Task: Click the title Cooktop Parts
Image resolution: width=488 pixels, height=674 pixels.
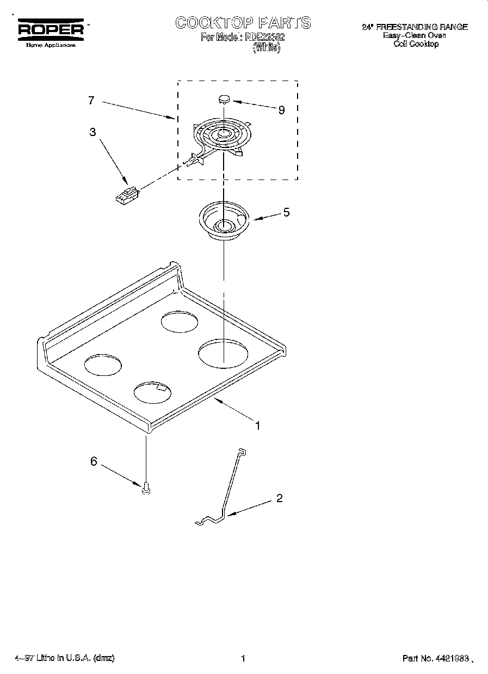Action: point(243,22)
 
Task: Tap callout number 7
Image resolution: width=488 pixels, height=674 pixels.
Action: point(91,101)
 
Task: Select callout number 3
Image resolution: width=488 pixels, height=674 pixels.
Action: point(93,131)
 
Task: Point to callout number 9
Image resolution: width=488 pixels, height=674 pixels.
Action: point(281,110)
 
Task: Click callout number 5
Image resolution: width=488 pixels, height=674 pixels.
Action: point(286,212)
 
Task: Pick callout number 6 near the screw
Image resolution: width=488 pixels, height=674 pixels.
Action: point(94,461)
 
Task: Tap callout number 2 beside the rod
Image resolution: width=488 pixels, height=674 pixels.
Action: point(279,498)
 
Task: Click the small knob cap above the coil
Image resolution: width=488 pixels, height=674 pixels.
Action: point(223,99)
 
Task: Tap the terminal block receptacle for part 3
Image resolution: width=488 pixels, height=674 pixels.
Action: point(127,194)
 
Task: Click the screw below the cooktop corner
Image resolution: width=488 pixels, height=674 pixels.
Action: point(146,490)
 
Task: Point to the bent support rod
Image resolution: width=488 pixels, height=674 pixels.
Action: point(228,490)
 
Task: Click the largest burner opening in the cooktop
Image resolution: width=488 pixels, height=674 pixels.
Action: point(224,354)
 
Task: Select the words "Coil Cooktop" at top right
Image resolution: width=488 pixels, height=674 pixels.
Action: point(416,44)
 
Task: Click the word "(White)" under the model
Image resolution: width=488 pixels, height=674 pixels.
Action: point(267,48)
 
